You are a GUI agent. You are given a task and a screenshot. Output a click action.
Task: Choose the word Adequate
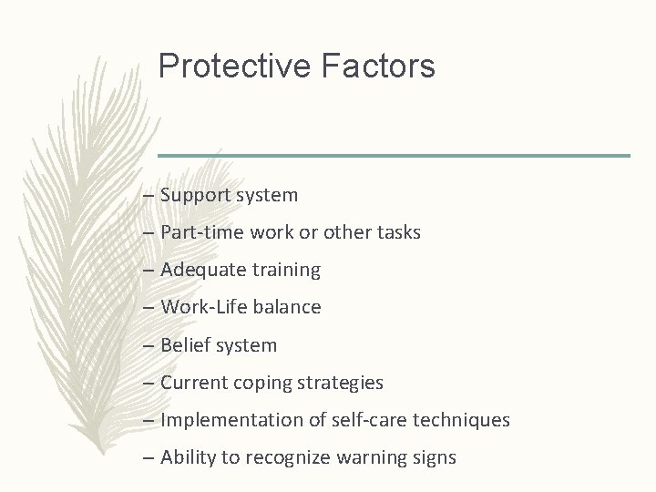click(x=200, y=270)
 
